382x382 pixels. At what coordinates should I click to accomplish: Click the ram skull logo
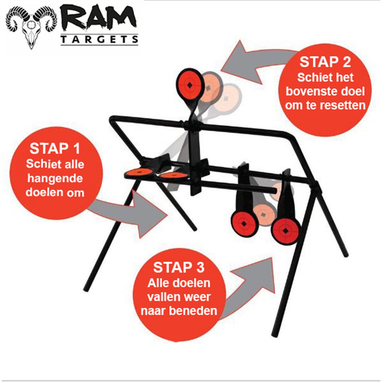click(31, 27)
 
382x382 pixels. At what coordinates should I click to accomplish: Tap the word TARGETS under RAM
click(99, 40)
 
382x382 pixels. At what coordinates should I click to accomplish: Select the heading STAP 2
click(325, 62)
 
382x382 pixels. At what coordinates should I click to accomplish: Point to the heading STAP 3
click(179, 267)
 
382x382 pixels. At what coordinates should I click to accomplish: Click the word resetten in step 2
click(342, 105)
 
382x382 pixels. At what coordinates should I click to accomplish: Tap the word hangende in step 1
click(55, 179)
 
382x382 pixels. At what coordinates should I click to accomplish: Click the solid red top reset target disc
click(189, 85)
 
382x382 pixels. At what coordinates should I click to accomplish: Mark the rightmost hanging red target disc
click(285, 230)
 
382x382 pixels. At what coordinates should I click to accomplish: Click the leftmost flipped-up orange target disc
click(139, 173)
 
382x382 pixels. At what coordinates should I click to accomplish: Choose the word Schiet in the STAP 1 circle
click(41, 164)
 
